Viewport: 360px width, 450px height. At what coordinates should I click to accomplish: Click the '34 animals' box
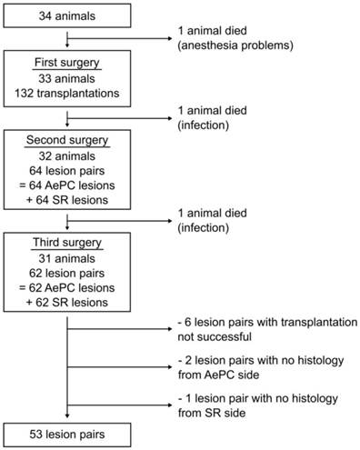70,17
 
